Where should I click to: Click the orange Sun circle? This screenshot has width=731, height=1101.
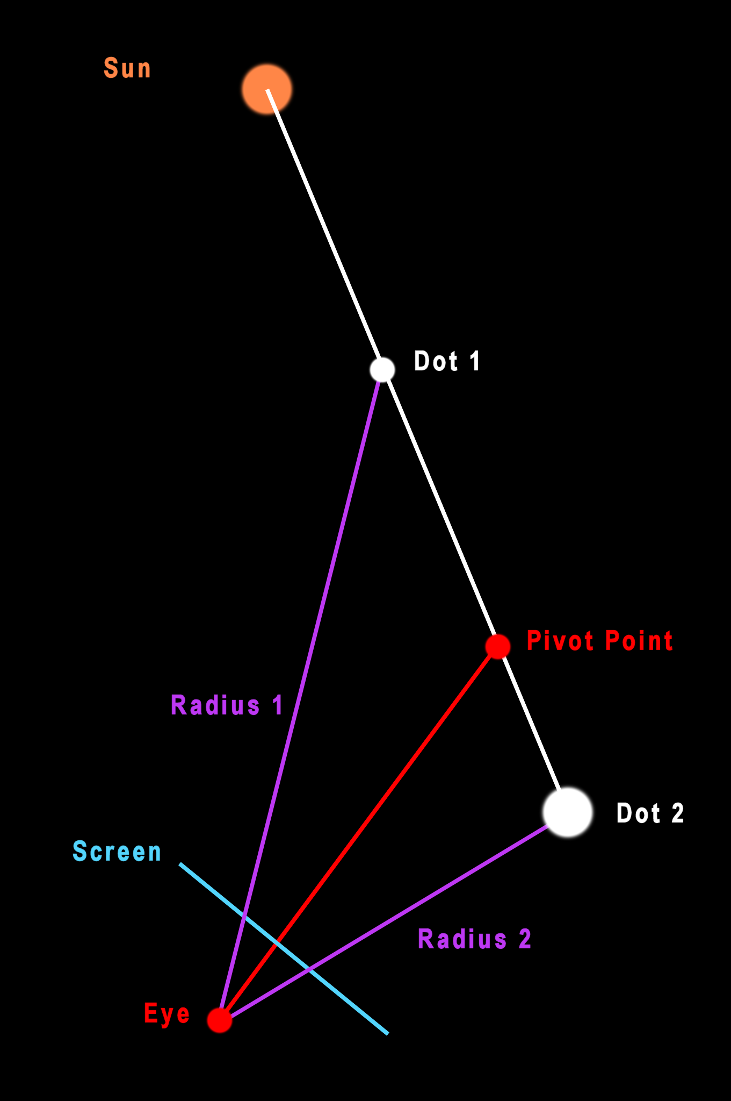267,89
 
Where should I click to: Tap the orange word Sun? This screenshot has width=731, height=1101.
127,69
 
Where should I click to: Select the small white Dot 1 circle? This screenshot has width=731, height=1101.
382,369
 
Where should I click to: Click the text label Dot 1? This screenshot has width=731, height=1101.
447,361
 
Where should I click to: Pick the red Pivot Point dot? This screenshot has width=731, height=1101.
498,646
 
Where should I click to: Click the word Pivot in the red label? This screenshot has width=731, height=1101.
560,641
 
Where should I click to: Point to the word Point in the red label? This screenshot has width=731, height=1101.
639,641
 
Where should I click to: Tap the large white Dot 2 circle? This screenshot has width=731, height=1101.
568,812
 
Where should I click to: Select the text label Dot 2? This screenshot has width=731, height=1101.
650,813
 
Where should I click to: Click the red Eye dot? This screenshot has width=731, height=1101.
220,1020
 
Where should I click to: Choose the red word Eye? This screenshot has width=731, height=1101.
167,1014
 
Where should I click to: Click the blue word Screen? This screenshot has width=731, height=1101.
117,852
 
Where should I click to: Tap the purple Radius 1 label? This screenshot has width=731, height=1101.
227,705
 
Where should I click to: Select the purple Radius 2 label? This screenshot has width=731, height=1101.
474,939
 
